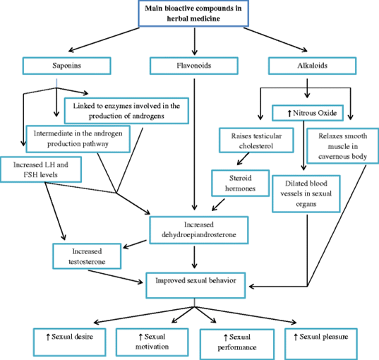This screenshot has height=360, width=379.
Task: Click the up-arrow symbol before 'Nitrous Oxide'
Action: [289, 114]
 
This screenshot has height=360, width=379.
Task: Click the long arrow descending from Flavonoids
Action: [194, 144]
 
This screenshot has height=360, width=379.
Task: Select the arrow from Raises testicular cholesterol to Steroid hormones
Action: [243, 159]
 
